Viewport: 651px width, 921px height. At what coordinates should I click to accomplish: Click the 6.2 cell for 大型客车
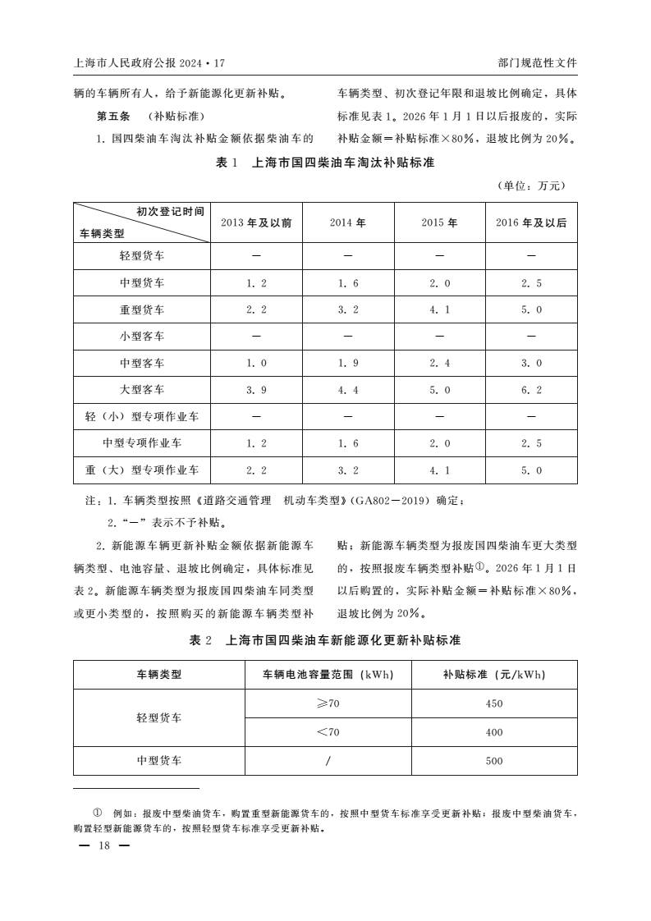pyautogui.click(x=531, y=390)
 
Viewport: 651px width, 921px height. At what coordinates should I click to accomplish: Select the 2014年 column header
pyautogui.click(x=348, y=222)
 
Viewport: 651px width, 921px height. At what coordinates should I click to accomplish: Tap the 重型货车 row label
pyautogui.click(x=142, y=309)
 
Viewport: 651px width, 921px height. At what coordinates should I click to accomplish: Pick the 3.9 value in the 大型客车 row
pyautogui.click(x=256, y=390)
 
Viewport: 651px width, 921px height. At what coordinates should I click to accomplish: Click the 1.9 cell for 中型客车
pyautogui.click(x=348, y=363)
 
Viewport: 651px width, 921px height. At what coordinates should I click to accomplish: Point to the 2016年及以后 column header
pyautogui.click(x=531, y=222)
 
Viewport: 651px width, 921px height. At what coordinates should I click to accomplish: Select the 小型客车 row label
pyautogui.click(x=142, y=336)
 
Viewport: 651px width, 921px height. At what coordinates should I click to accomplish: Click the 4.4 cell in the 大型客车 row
pyautogui.click(x=348, y=390)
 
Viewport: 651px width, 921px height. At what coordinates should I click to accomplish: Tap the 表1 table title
pyautogui.click(x=325, y=163)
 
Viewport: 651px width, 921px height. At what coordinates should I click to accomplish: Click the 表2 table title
pyautogui.click(x=325, y=639)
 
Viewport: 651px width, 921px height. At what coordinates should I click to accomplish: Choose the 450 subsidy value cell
pyautogui.click(x=493, y=703)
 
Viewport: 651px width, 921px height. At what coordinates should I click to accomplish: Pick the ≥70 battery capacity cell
pyautogui.click(x=328, y=703)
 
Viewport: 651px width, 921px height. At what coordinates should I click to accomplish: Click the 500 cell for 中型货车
pyautogui.click(x=493, y=761)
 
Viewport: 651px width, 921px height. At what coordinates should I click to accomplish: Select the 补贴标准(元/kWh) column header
pyautogui.click(x=493, y=676)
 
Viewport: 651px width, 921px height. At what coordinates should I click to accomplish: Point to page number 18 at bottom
pyautogui.click(x=103, y=846)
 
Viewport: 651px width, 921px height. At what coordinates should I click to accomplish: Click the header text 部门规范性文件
pyautogui.click(x=537, y=62)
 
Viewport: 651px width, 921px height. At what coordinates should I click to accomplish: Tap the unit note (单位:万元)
pyautogui.click(x=531, y=186)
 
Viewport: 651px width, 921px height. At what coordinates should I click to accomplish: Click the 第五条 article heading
pyautogui.click(x=114, y=115)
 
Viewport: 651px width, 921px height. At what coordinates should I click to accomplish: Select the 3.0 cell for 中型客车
pyautogui.click(x=531, y=363)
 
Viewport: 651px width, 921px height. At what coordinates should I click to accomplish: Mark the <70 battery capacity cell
pyautogui.click(x=328, y=732)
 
